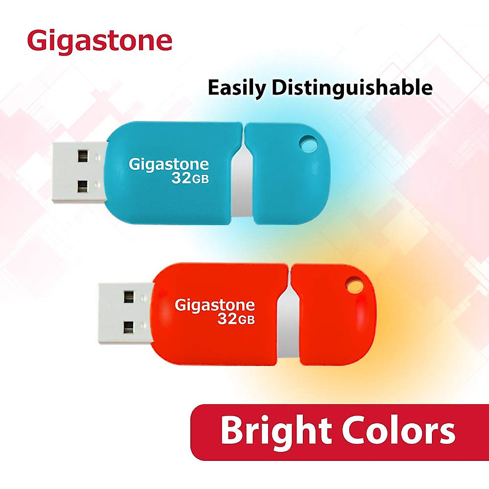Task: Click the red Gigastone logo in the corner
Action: pyautogui.click(x=99, y=42)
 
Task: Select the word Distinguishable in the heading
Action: pyautogui.click(x=352, y=88)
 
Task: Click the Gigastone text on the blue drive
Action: pyautogui.click(x=169, y=164)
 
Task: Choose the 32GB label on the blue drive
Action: pyautogui.click(x=190, y=178)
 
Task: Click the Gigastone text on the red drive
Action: pyautogui.click(x=215, y=305)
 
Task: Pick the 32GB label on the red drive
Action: pyautogui.click(x=236, y=319)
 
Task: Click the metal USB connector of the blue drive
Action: pyautogui.click(x=79, y=172)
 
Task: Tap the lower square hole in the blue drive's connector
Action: pyautogui.click(x=83, y=187)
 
